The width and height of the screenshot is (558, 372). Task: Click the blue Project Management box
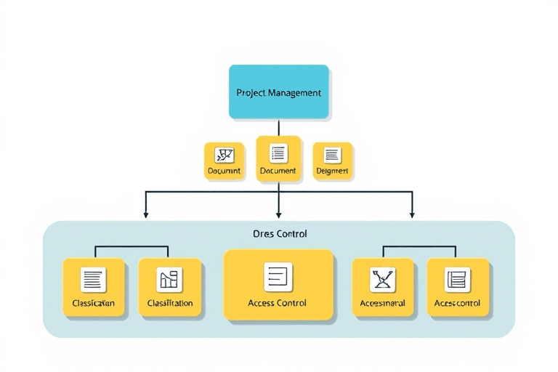[x=279, y=92]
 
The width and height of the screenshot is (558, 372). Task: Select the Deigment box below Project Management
[x=332, y=161]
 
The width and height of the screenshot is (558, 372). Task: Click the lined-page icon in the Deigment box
[x=332, y=155]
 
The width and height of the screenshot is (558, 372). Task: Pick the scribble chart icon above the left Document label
[x=225, y=155]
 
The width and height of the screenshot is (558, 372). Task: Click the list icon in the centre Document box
[x=278, y=153]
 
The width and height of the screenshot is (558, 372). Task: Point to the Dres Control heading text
[x=279, y=234]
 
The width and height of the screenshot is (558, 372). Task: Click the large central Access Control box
[x=278, y=285]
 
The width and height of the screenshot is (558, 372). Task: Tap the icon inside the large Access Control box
[x=278, y=276]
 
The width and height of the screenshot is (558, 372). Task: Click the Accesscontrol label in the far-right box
[x=457, y=303]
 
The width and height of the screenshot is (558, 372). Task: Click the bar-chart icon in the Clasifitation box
[x=169, y=279]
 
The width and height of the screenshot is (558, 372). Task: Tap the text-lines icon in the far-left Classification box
[x=94, y=279]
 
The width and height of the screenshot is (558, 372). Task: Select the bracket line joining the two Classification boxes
[x=132, y=247]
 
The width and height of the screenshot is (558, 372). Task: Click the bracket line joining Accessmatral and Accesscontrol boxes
[x=420, y=247]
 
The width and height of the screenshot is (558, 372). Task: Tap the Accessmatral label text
[x=383, y=303]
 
